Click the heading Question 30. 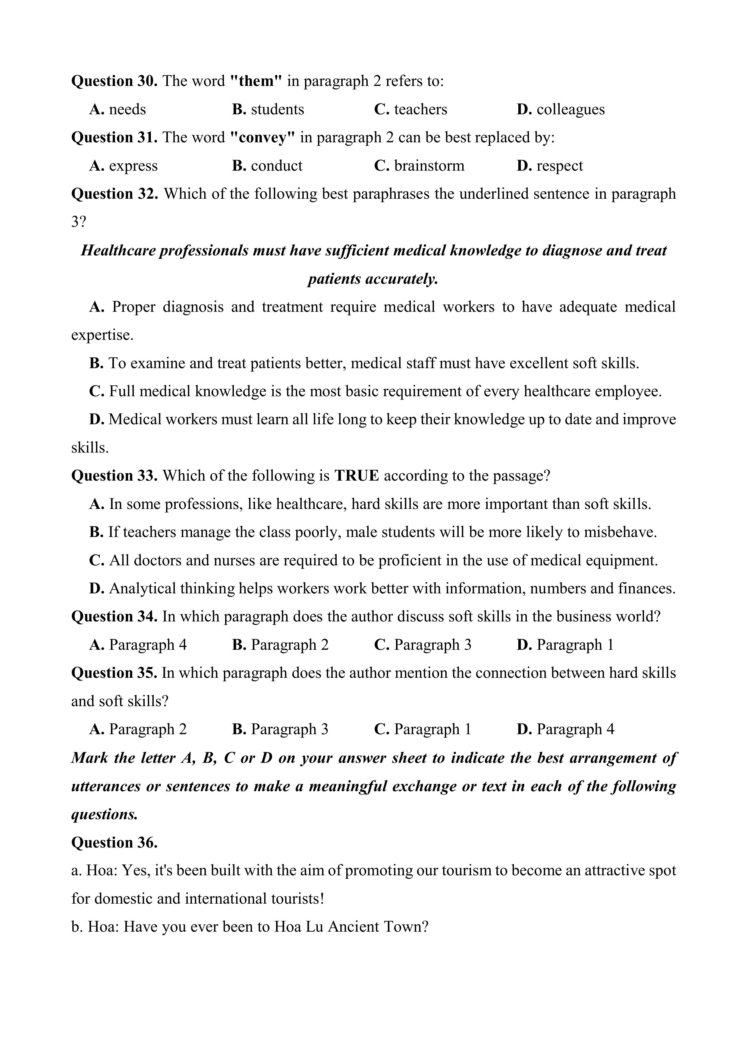pos(114,81)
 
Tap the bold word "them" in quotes pos(256,81)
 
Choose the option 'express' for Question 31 pos(133,166)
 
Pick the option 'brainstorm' pos(429,166)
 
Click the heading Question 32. pos(114,194)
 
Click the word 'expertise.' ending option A pos(102,335)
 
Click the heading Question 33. pos(114,475)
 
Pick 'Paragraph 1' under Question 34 pos(575,645)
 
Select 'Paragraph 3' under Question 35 pos(289,729)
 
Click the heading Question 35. pos(114,673)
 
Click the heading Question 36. pos(114,842)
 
